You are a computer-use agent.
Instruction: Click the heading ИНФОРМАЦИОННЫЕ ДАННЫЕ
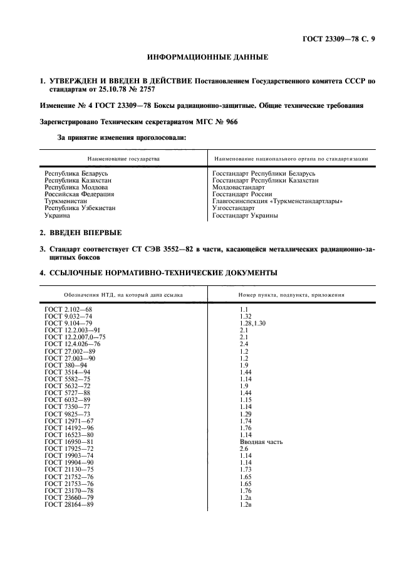pos(207,58)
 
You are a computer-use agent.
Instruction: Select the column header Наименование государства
pos(123,159)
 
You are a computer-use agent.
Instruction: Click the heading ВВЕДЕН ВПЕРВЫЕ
pos(86,233)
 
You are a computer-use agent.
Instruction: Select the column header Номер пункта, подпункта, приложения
pos(291,295)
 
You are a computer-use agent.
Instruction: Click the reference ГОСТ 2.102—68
pos(68,310)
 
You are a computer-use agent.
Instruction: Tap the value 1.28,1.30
pos(252,323)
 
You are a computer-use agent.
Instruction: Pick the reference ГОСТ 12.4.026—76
pos(72,344)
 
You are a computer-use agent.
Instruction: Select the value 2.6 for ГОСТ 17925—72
pos(244,448)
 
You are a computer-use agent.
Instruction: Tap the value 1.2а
pos(246,497)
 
